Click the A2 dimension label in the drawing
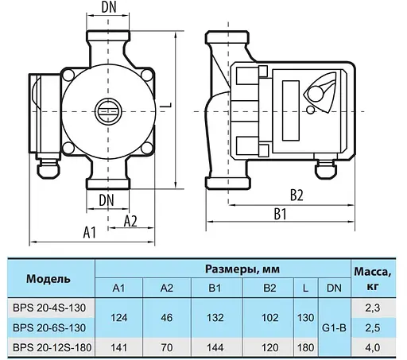[133, 222]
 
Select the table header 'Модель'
[48, 279]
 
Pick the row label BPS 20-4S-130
[48, 307]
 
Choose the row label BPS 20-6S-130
[48, 327]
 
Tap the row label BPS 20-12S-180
[48, 346]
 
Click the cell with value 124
[119, 316]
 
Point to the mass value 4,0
[371, 346]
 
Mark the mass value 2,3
[371, 307]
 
